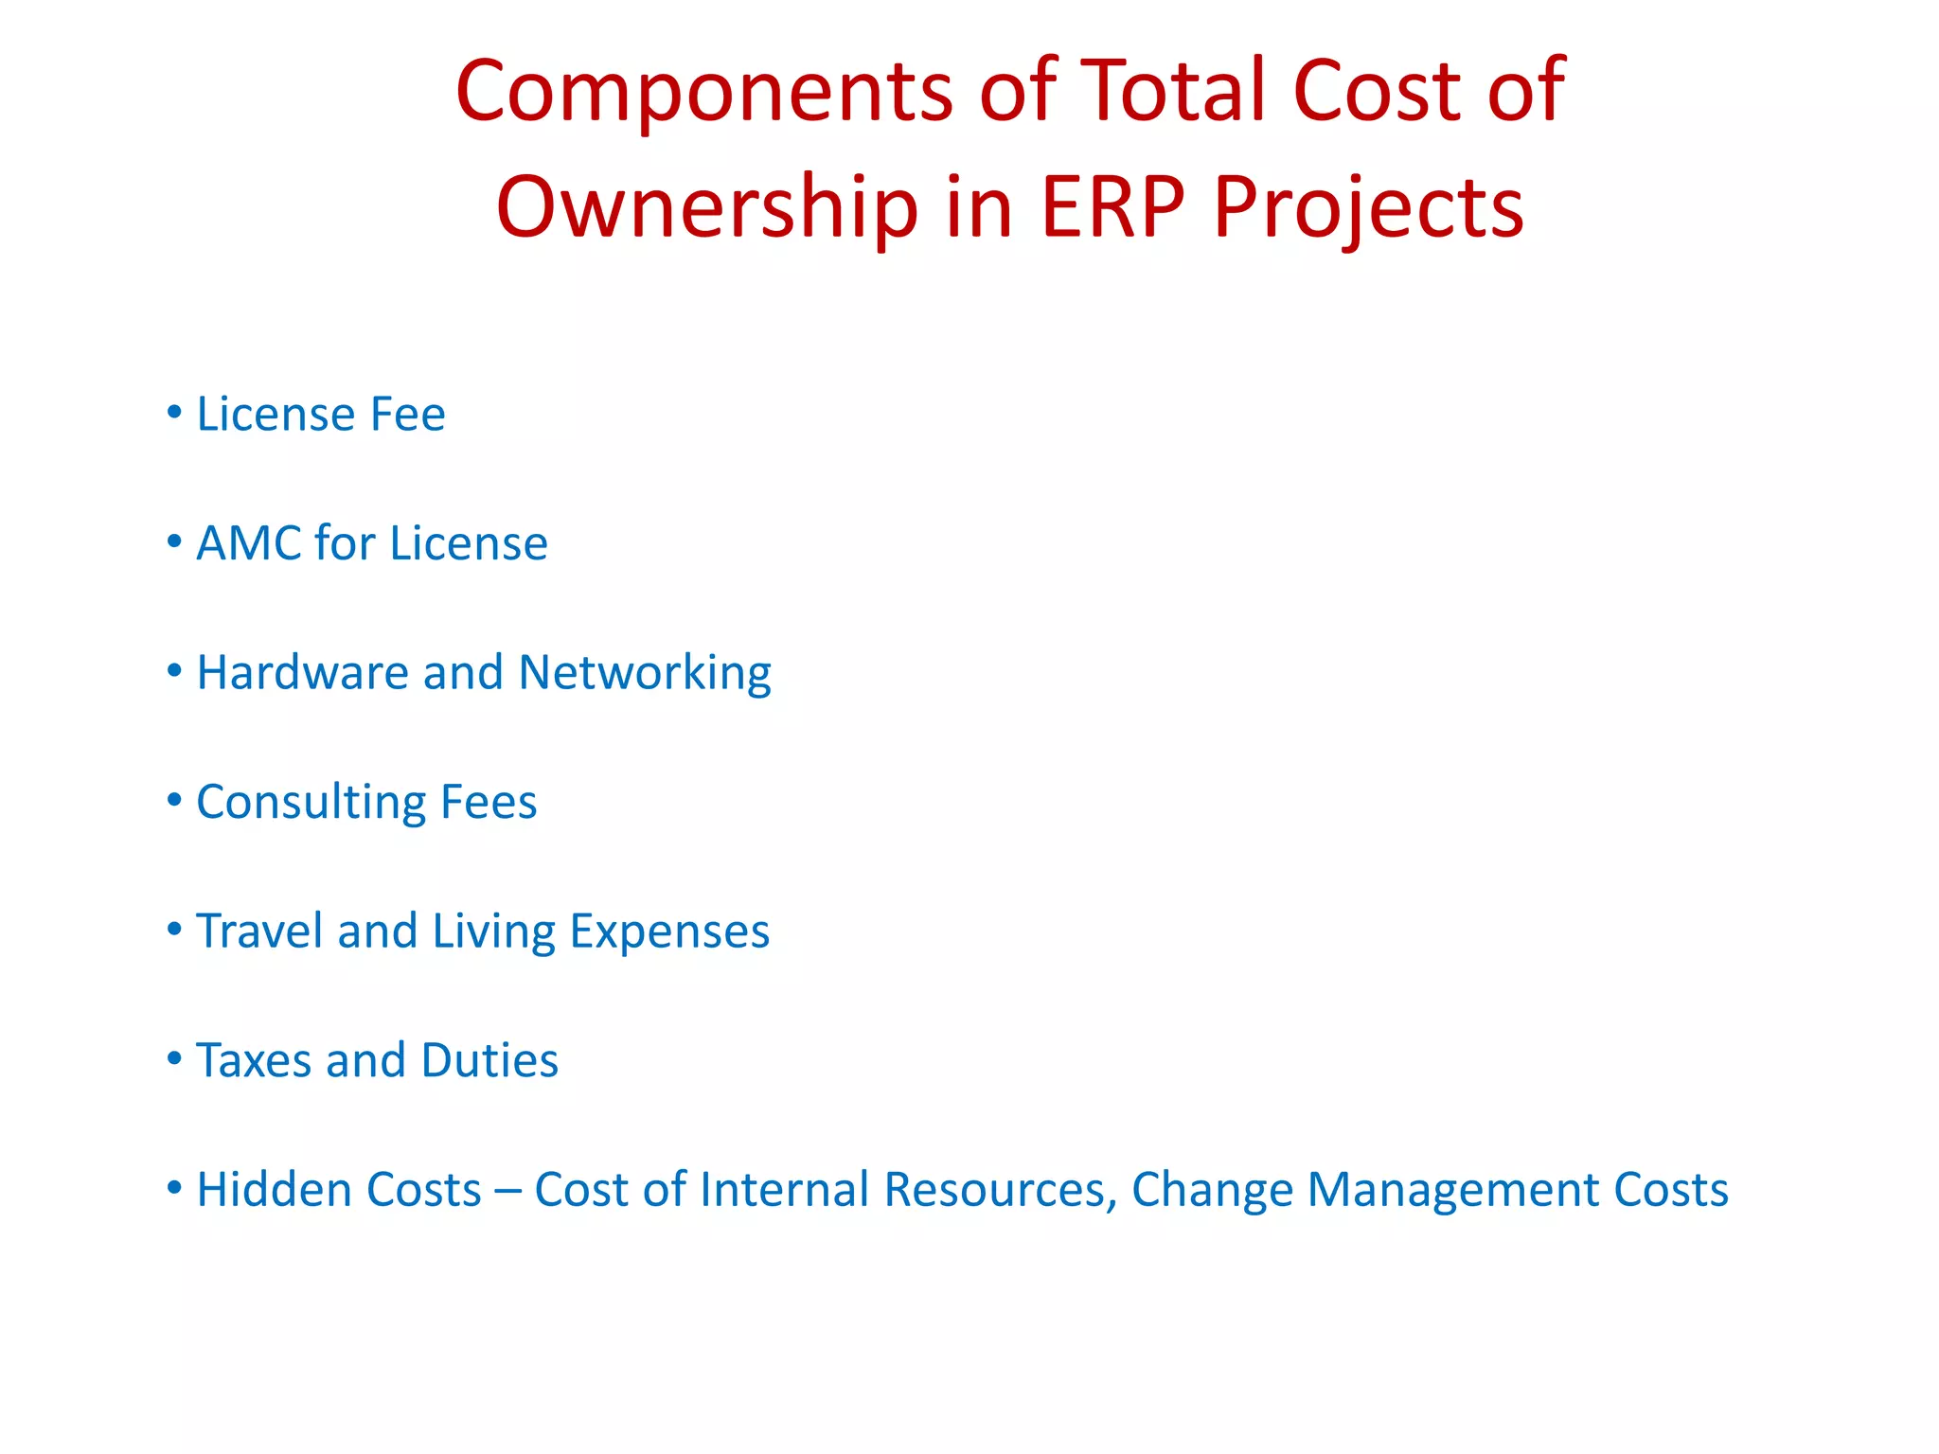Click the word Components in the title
click(x=703, y=92)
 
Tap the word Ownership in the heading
click(x=706, y=207)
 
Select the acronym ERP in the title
click(x=1112, y=207)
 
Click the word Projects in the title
click(x=1368, y=207)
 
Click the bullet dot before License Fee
click(x=174, y=412)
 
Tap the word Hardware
click(x=302, y=672)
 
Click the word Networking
click(x=645, y=674)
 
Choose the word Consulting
click(x=311, y=803)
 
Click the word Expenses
click(x=669, y=932)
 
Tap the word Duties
click(x=489, y=1060)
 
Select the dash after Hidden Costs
click(x=507, y=1191)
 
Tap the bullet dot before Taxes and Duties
click(x=174, y=1058)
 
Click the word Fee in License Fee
click(x=407, y=415)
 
